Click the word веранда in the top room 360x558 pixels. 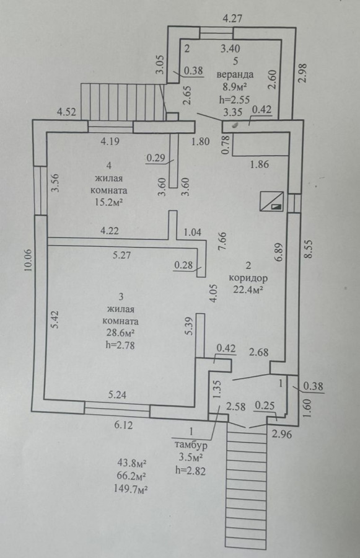[235, 74]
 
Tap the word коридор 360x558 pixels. [248, 278]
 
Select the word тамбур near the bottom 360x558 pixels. [191, 445]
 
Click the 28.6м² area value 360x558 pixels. [120, 333]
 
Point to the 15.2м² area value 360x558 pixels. [109, 202]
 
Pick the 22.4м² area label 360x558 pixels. [248, 290]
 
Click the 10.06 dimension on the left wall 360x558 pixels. [29, 260]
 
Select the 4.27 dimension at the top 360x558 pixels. [232, 18]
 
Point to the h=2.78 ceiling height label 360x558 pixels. [120, 345]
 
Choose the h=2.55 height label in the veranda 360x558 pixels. [234, 99]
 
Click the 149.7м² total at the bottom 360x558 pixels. [131, 489]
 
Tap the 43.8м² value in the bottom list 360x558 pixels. [133, 464]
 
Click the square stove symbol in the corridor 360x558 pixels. [272, 201]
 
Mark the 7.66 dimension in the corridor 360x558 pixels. [223, 242]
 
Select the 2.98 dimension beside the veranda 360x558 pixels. [302, 74]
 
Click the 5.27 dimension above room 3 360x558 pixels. [121, 255]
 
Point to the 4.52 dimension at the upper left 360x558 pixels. [66, 112]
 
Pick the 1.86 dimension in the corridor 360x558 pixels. [260, 164]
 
